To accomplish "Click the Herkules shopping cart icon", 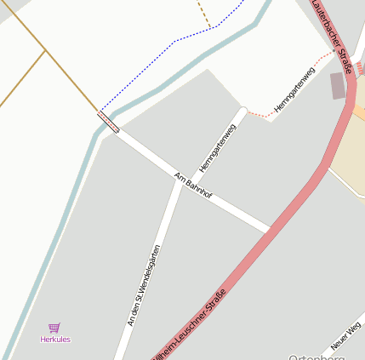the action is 54,328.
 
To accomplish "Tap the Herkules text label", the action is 55,340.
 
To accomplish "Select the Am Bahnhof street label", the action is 193,186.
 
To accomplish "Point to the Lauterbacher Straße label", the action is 332,37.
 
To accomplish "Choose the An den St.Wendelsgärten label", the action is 144,285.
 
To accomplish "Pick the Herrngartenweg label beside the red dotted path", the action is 294,90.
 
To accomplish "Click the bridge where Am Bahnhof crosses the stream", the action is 108,122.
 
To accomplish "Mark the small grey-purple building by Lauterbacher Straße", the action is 338,85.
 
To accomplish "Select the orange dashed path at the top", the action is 203,13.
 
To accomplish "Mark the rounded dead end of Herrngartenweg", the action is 244,110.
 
